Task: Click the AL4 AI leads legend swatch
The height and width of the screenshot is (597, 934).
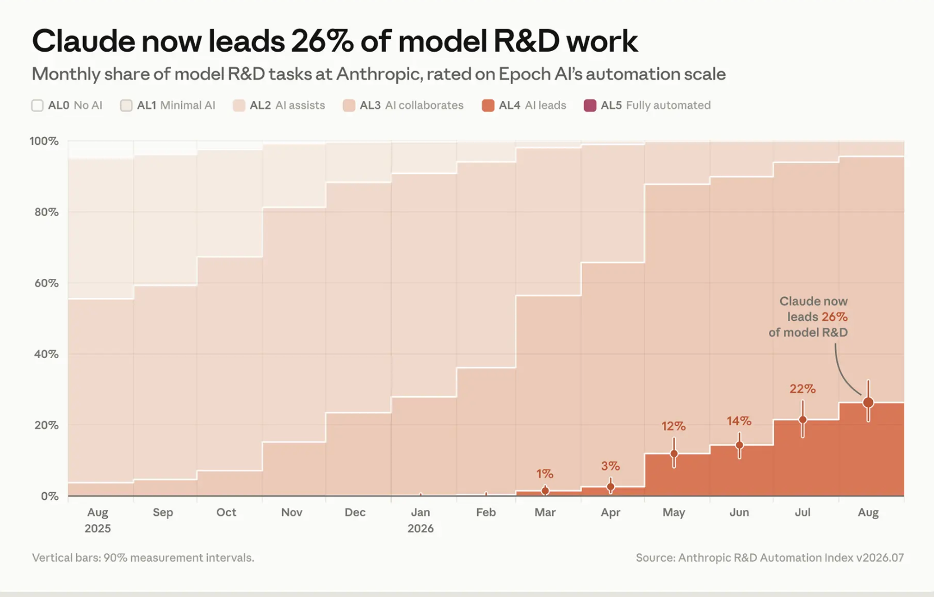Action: (488, 105)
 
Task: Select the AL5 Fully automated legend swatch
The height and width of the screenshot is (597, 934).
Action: (590, 105)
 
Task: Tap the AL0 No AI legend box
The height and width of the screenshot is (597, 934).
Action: (38, 105)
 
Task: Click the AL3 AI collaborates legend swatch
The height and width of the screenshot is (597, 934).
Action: (349, 105)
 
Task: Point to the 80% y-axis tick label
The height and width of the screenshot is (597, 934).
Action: (46, 212)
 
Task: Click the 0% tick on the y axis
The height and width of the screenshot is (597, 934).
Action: (49, 496)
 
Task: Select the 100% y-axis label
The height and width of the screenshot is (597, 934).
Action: (44, 141)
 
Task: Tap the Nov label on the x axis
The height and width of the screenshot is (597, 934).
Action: (291, 512)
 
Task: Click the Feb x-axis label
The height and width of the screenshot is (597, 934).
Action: (486, 512)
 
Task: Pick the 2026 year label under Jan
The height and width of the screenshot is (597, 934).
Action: (420, 529)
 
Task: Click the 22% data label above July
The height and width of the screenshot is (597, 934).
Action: (803, 389)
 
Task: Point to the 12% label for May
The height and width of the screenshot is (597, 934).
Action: (674, 426)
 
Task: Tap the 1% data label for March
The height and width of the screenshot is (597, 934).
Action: (544, 474)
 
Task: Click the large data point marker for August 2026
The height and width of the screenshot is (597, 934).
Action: (868, 402)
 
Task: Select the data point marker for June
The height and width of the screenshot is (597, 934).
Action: (739, 446)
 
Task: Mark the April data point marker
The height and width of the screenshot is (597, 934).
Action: (611, 486)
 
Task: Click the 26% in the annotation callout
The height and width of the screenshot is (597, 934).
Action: (835, 317)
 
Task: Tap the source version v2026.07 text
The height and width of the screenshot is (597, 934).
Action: (880, 558)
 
